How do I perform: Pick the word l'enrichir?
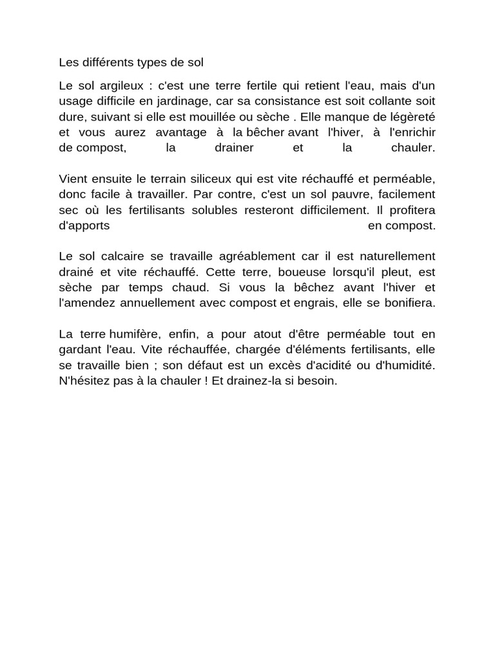[410, 132]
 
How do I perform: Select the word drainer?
[233, 148]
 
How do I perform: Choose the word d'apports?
[84, 225]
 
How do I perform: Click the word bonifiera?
[411, 302]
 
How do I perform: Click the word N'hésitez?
[82, 380]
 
